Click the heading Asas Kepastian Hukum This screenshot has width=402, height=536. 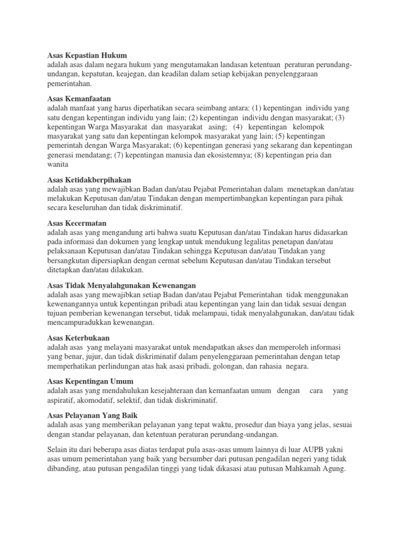click(x=87, y=55)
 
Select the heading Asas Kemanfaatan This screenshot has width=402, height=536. click(x=79, y=98)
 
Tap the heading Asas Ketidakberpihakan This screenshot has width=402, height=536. click(x=90, y=180)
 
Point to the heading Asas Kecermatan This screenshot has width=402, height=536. click(x=77, y=223)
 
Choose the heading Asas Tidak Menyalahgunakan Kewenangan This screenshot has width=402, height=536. click(x=121, y=285)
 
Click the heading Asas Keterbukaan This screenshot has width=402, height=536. click(x=79, y=338)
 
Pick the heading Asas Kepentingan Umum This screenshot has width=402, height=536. click(x=91, y=381)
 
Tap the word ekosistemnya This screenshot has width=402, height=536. click(x=228, y=155)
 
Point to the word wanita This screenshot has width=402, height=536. click(x=58, y=164)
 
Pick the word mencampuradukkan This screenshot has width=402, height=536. click(x=79, y=322)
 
